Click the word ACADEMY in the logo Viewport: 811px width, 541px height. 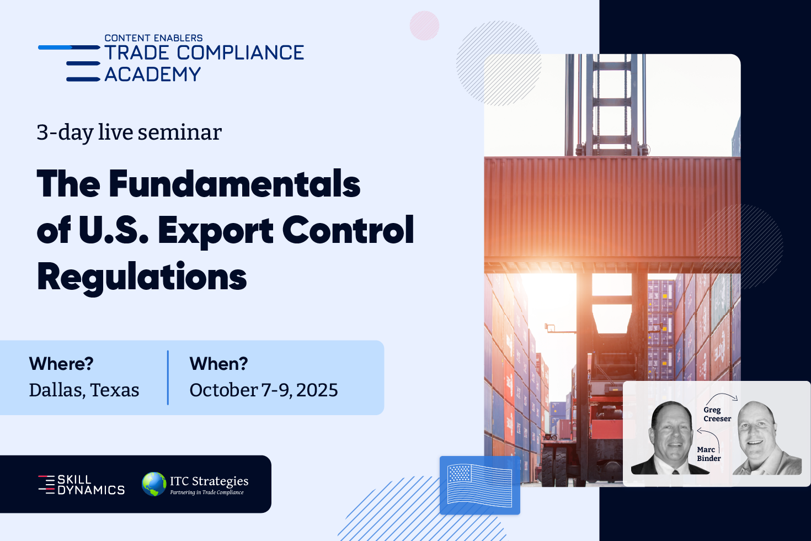click(152, 75)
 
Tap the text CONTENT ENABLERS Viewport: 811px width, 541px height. click(153, 38)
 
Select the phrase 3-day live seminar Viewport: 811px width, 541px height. click(129, 132)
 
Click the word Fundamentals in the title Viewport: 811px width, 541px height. click(234, 184)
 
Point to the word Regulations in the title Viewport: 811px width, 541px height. click(142, 277)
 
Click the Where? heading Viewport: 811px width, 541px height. click(61, 363)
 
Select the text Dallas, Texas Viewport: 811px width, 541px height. click(84, 390)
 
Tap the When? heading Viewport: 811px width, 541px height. click(218, 363)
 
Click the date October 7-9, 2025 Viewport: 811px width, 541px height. click(264, 390)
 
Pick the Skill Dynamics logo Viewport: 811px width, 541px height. click(82, 485)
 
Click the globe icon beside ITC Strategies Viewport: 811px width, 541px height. click(154, 484)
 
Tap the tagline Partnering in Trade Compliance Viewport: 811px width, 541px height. click(207, 492)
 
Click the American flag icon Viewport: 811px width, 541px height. click(480, 485)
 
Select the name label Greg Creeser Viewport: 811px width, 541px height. click(717, 414)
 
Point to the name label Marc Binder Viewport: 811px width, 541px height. click(708, 454)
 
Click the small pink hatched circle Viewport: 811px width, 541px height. click(424, 25)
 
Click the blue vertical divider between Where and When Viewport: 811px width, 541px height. click(168, 378)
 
